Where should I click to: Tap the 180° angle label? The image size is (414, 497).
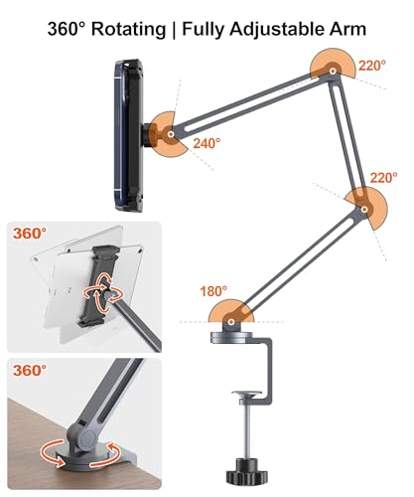[211, 291]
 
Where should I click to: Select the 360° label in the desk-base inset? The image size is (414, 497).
[30, 371]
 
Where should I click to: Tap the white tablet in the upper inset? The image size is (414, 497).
[60, 288]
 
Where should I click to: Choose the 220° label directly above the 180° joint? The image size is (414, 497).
[387, 179]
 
